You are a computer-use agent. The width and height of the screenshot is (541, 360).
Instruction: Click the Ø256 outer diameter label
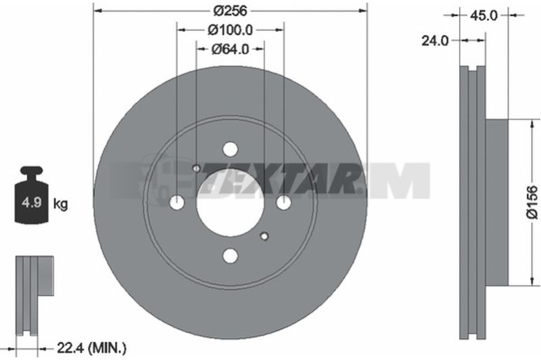[x=230, y=11]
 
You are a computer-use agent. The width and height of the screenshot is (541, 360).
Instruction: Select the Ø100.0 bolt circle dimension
[x=230, y=30]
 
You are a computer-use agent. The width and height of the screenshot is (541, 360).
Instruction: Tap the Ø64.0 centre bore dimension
[x=230, y=49]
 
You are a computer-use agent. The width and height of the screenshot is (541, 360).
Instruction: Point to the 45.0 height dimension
[x=484, y=15]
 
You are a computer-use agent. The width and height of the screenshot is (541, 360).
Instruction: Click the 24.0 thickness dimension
[x=435, y=41]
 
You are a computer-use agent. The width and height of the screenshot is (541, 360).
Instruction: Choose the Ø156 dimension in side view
[x=532, y=202]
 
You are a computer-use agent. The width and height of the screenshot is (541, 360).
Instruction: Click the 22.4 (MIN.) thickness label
[x=91, y=348]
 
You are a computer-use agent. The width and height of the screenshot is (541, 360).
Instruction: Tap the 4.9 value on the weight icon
[x=31, y=202]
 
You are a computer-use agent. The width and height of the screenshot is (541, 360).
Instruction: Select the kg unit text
[x=60, y=204]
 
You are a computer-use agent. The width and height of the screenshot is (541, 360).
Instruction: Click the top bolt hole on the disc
[x=230, y=150]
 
